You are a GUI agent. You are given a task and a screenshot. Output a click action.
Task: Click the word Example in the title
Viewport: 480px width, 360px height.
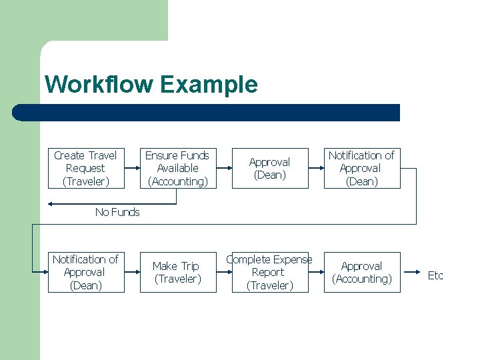click(208, 85)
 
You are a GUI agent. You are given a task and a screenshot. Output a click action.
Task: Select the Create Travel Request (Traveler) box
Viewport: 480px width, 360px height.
click(85, 168)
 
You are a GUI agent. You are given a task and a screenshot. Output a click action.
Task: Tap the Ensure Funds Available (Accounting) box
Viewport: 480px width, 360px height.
click(177, 168)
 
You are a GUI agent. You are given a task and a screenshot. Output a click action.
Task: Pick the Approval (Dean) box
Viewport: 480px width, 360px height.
click(269, 168)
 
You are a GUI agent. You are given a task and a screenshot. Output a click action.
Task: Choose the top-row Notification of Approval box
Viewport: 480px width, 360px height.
click(361, 168)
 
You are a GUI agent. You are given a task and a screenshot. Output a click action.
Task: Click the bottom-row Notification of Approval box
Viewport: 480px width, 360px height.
click(85, 272)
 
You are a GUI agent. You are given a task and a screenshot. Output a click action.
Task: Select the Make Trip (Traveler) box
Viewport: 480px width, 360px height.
click(177, 272)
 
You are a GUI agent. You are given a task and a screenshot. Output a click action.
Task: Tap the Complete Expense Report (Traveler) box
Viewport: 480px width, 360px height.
click(269, 272)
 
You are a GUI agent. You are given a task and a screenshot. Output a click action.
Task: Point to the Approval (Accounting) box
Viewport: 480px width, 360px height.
click(361, 272)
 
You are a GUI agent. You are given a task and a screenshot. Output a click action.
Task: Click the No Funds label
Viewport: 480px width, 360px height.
click(117, 212)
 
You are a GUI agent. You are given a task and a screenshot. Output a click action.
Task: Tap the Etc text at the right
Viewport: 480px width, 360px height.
click(435, 275)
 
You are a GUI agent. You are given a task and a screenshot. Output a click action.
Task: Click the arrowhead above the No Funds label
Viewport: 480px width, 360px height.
click(52, 203)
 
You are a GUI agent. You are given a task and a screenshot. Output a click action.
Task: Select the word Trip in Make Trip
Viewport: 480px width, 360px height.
click(189, 266)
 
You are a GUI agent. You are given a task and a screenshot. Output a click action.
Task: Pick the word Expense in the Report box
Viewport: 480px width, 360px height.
click(291, 259)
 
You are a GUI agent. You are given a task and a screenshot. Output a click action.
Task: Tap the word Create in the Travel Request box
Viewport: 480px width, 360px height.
click(69, 155)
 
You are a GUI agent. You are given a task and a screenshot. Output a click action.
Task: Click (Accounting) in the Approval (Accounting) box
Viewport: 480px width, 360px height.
click(361, 279)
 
